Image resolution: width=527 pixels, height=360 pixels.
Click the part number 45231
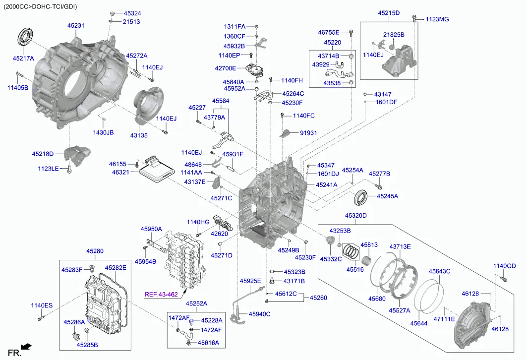(x=76, y=25)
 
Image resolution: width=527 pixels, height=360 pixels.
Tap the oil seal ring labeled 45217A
(x=24, y=37)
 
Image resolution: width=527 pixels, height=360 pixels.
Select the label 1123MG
(x=437, y=19)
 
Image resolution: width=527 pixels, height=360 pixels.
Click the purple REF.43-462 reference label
(x=161, y=294)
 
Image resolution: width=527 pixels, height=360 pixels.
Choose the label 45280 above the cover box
(x=95, y=251)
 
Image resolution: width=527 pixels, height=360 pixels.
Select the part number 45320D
(x=356, y=215)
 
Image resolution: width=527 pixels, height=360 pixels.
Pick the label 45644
(x=418, y=323)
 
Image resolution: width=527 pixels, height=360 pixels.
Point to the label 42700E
(x=229, y=68)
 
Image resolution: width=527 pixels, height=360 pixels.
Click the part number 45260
(x=319, y=298)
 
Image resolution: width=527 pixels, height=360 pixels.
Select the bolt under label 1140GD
(x=504, y=279)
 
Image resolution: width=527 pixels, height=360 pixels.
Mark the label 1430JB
(x=103, y=132)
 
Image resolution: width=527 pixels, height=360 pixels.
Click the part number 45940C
(x=259, y=313)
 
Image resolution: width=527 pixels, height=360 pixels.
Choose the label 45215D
(x=389, y=13)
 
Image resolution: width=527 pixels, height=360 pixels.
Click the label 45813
(x=369, y=244)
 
